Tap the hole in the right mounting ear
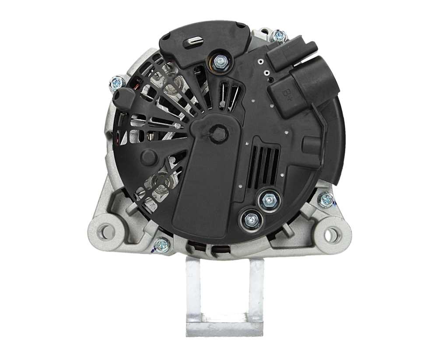(331, 235)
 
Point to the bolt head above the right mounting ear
(326, 200)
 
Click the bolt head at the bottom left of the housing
(161, 244)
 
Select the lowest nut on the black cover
(252, 220)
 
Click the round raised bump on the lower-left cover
(148, 157)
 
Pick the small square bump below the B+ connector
(312, 145)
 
